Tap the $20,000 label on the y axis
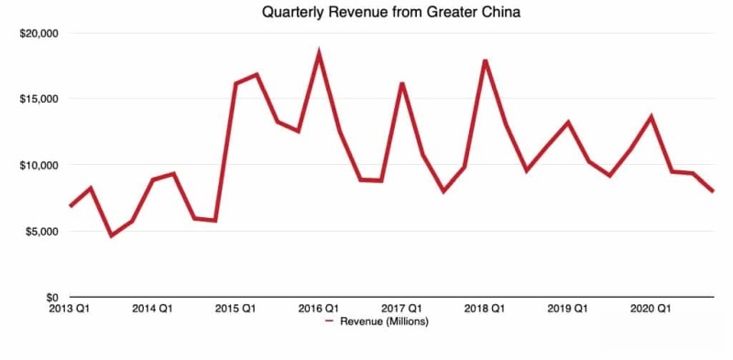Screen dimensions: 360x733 (x=38, y=33)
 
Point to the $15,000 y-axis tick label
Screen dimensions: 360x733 (x=38, y=99)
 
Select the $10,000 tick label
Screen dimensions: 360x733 (x=38, y=165)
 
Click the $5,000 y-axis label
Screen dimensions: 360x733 (x=40, y=232)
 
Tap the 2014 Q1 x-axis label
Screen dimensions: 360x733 (x=152, y=309)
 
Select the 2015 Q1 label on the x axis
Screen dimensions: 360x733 (x=235, y=309)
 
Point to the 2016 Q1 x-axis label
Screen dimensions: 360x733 (x=319, y=309)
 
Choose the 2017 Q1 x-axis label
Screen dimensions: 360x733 (x=401, y=309)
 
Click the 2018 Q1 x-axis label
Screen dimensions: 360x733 (x=485, y=309)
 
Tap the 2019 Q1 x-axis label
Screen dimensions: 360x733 (x=568, y=309)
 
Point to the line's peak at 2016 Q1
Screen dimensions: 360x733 (x=319, y=54)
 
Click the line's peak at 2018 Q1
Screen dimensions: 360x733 (x=485, y=60)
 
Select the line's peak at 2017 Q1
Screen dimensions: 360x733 (x=402, y=83)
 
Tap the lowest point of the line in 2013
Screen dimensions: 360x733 (x=111, y=236)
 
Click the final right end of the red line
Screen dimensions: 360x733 (x=713, y=191)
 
